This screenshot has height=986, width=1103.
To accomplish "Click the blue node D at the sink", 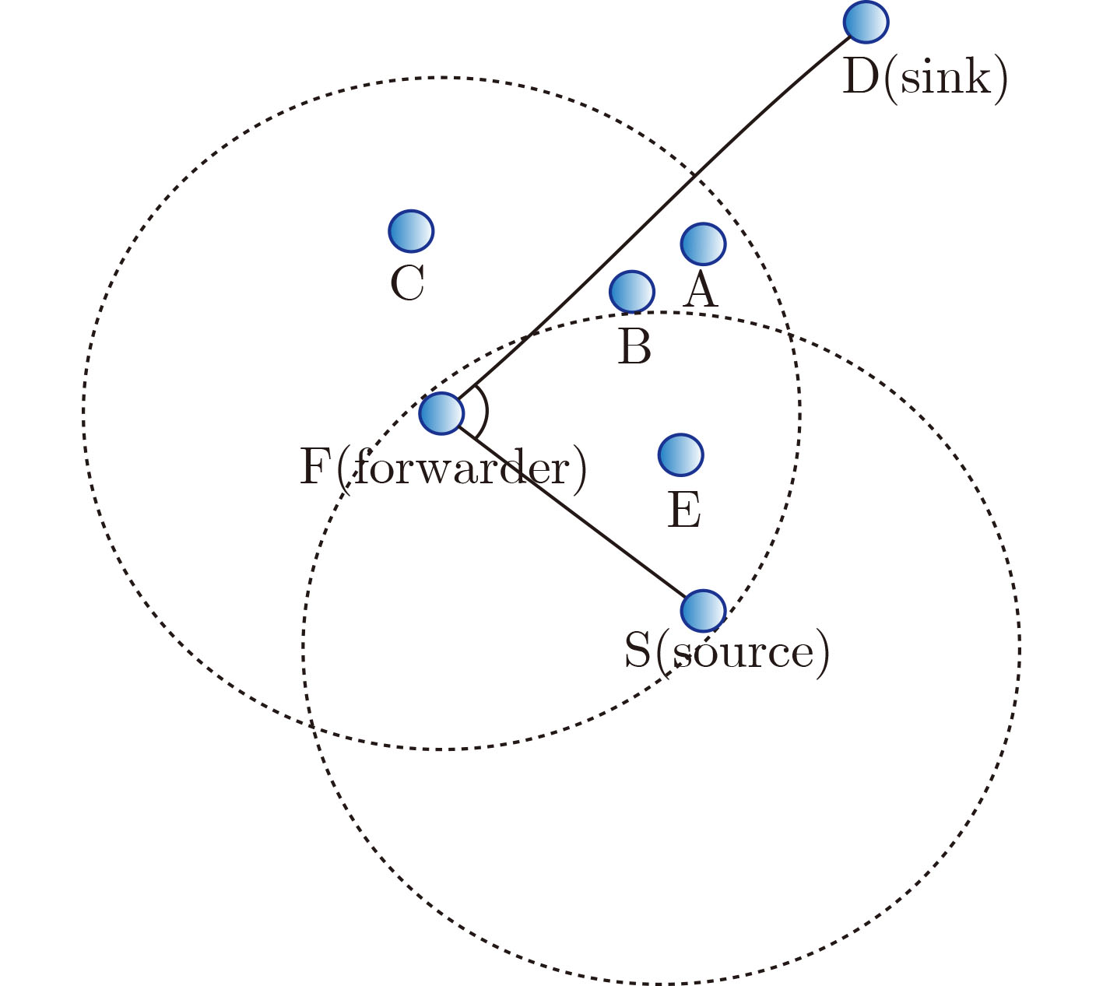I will tap(866, 22).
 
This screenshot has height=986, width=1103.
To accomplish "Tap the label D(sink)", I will tap(925, 78).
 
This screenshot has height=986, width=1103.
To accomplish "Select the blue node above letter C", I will tap(410, 231).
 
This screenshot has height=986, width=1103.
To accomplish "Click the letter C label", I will tap(407, 283).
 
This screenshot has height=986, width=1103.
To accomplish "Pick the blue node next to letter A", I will tap(703, 244).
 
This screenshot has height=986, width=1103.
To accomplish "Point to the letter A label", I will tap(701, 292).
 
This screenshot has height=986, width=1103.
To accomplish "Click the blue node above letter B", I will tap(631, 292).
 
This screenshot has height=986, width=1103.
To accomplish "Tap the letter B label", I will tap(634, 347).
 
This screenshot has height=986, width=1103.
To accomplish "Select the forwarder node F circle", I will tap(441, 413).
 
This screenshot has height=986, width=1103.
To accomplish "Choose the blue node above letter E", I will tap(680, 454).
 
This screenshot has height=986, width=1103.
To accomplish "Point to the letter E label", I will tap(684, 511).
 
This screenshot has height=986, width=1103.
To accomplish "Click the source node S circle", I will tap(703, 610).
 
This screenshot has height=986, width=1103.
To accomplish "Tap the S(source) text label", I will tap(727, 652).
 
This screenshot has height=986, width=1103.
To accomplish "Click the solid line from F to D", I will tap(654, 219).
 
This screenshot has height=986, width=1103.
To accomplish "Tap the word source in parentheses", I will tap(741, 652).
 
